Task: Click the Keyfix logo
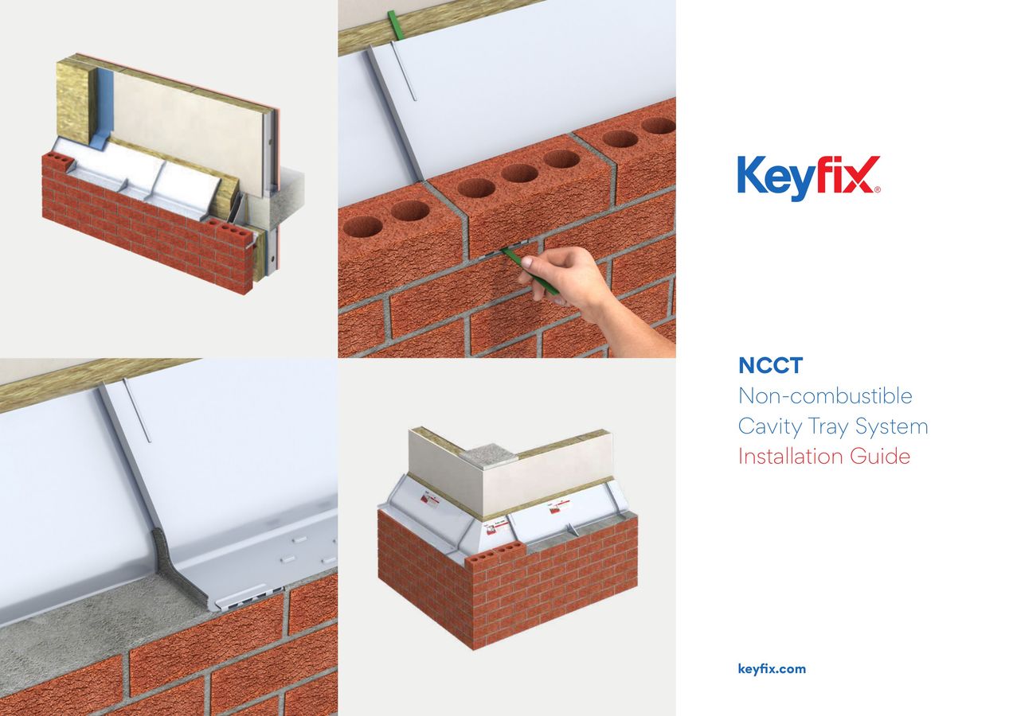808,177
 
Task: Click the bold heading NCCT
770,366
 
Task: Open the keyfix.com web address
772,669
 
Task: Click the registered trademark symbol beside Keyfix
877,190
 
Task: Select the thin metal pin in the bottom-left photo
136,410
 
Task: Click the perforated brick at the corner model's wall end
494,556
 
